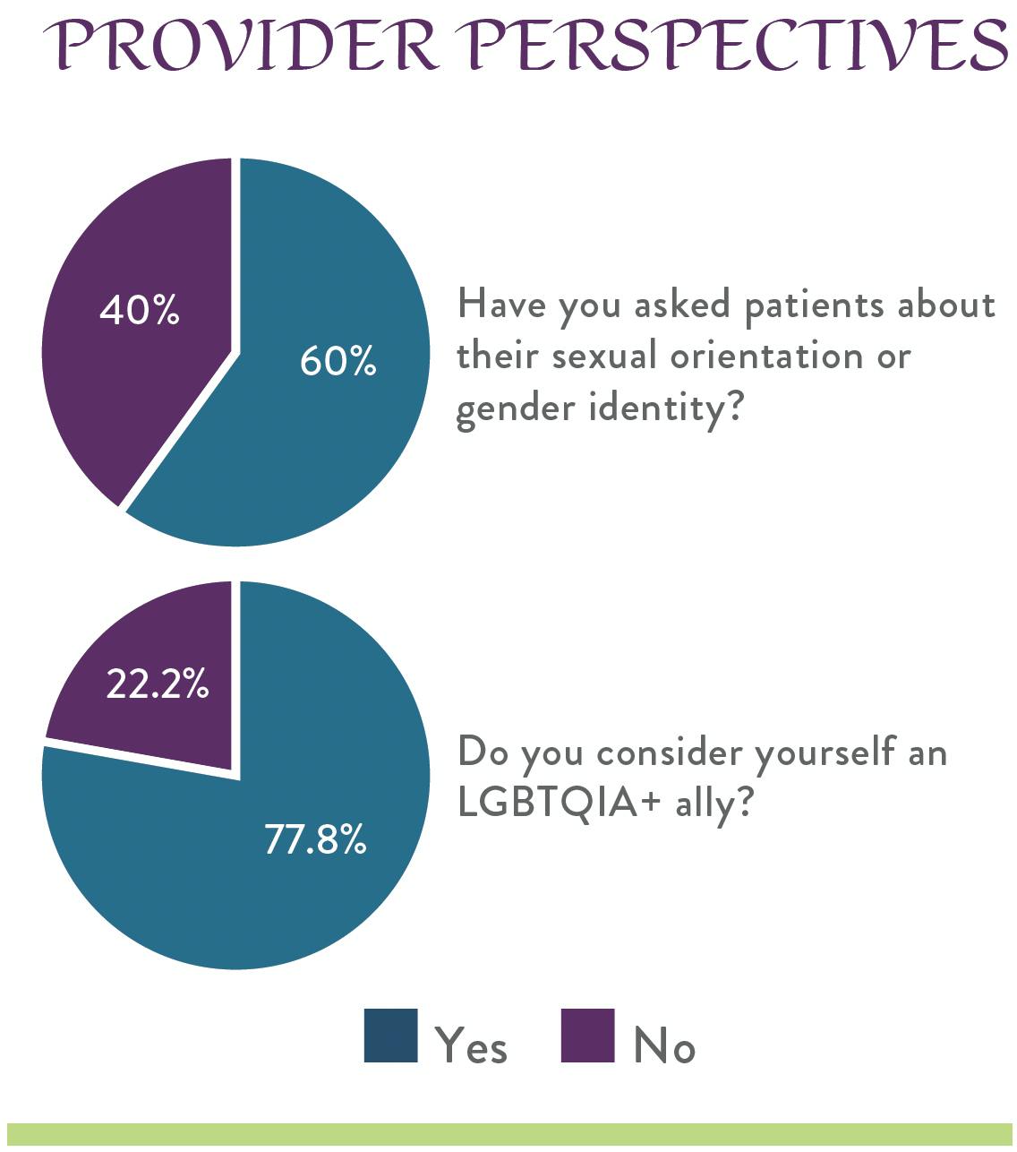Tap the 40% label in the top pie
click(140, 311)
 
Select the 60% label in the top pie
click(338, 361)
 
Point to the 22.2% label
click(158, 685)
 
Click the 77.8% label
click(315, 840)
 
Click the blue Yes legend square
click(390, 1036)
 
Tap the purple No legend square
click(587, 1036)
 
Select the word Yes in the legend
click(471, 1045)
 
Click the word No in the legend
click(664, 1045)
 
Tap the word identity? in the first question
click(667, 408)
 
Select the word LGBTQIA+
click(560, 802)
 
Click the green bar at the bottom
click(508, 1134)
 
